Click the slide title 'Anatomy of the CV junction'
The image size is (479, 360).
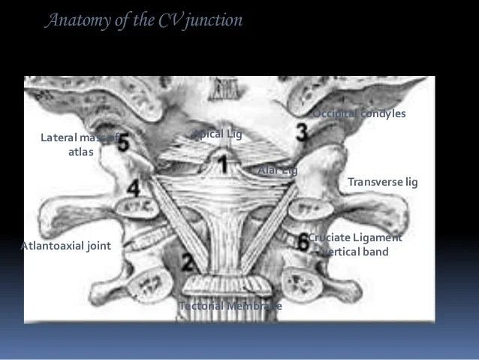pos(145,20)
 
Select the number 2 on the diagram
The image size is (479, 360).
pos(188,262)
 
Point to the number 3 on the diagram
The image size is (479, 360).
pos(301,133)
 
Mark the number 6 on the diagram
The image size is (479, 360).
pos(302,242)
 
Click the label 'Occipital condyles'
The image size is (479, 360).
pos(359,113)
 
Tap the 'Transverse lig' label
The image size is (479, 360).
pos(382,182)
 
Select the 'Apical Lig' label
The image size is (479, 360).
pos(218,135)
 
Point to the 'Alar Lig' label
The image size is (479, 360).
pos(277,171)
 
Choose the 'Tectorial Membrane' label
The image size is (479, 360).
pos(230,306)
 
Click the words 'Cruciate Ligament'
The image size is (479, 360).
pos(356,237)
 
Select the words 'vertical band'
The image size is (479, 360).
pos(356,252)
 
